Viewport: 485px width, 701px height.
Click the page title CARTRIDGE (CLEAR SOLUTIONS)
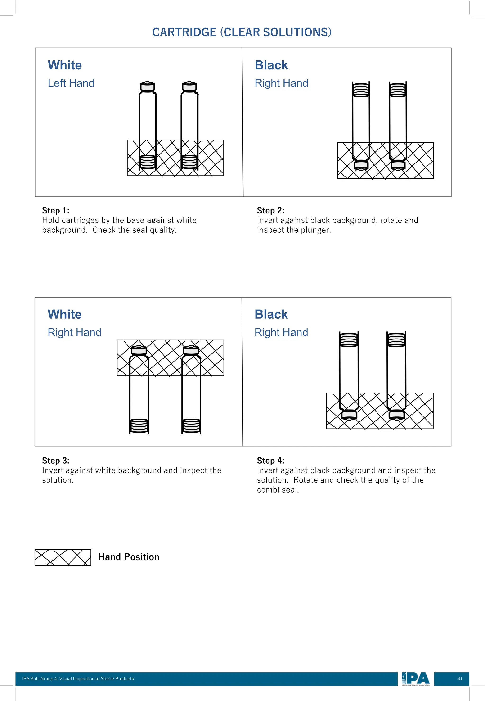[242, 32]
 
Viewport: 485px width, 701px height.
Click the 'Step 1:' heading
[56, 210]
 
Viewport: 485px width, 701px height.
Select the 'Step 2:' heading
[270, 210]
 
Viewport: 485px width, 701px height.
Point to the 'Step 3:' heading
[56, 461]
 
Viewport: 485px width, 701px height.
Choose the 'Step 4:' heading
[270, 461]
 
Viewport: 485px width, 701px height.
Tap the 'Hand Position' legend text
[129, 557]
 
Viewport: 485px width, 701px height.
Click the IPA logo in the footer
[415, 679]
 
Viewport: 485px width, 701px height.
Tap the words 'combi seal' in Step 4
[278, 490]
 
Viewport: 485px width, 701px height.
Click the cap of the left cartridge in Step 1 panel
[147, 87]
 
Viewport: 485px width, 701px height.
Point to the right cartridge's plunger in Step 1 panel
[189, 162]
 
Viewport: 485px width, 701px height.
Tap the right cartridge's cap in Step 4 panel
[397, 414]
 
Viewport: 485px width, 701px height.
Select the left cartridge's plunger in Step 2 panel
[361, 90]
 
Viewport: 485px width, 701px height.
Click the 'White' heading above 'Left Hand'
[65, 65]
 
